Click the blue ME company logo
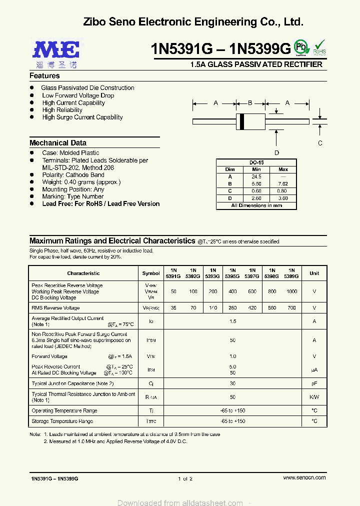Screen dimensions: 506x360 (x=56, y=50)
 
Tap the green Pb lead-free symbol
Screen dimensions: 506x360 (x=300, y=47)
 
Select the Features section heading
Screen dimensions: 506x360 (x=44, y=76)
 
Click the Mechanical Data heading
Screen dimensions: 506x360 (x=58, y=143)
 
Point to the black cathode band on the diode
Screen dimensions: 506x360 (x=242, y=121)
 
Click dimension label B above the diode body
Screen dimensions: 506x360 (x=250, y=103)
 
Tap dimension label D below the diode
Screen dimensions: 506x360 (x=276, y=153)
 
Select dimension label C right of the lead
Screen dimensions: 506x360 (x=320, y=143)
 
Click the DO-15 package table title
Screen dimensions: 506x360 (x=256, y=163)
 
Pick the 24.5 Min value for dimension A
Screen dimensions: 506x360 (x=256, y=176)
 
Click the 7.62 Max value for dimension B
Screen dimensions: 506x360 (x=283, y=184)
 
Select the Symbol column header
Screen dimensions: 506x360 (x=151, y=273)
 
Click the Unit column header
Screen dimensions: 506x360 (x=314, y=273)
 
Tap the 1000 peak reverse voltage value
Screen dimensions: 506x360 (x=291, y=291)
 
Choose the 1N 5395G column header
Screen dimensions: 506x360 (x=232, y=273)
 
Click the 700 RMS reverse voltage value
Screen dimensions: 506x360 (x=291, y=308)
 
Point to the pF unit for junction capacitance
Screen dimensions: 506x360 (x=314, y=383)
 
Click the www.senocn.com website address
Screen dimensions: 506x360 (x=304, y=478)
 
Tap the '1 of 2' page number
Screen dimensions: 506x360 (x=185, y=478)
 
